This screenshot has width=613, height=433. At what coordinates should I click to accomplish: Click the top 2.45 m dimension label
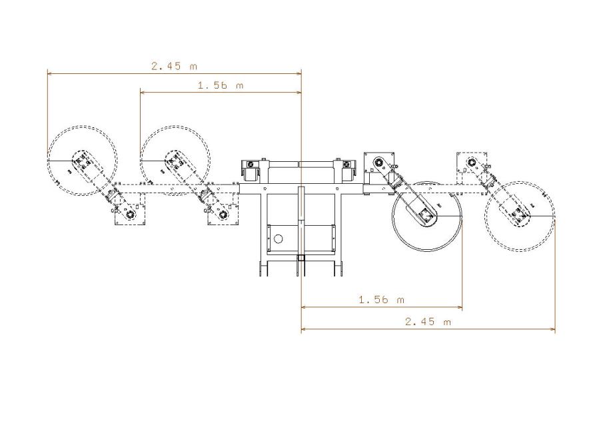click(x=175, y=66)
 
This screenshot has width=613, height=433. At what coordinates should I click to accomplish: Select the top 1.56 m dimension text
click(x=221, y=85)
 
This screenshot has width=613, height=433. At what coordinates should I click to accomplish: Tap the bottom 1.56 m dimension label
click(x=382, y=300)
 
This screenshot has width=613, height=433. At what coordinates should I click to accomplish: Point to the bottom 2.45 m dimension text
click(x=428, y=322)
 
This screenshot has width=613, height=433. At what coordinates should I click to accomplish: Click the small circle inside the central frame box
click(x=279, y=238)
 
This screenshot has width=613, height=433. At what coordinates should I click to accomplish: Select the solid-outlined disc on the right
click(x=428, y=216)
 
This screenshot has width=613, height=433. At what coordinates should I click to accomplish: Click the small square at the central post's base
click(x=301, y=258)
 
